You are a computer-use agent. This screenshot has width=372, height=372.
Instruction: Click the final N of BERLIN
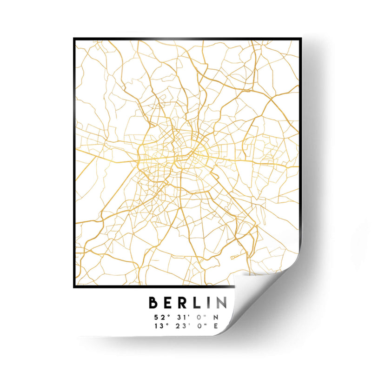[x=221, y=303]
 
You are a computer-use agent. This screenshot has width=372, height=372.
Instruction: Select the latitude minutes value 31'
[x=179, y=318]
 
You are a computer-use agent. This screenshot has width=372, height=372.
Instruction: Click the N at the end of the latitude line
[x=215, y=318]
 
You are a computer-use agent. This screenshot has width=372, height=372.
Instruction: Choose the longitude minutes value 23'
[x=179, y=326]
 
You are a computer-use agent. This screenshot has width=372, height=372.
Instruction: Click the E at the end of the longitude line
[x=215, y=326]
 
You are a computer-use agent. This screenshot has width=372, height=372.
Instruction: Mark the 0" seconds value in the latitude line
[x=198, y=318]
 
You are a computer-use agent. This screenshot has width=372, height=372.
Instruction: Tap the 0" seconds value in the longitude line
[x=198, y=326]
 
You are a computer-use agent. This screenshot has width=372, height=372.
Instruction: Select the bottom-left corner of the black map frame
[x=74, y=286]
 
